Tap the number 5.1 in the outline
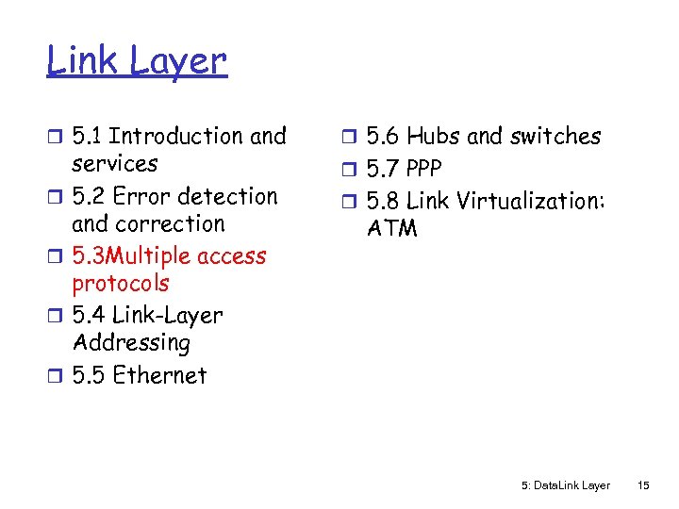coord(89,137)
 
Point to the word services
coord(115,164)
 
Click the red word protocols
coord(121,284)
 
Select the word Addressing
coord(131,343)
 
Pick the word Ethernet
coord(158,375)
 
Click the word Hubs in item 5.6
coord(434,137)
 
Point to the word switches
coord(555,137)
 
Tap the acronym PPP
coord(422,169)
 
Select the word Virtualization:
coord(529,201)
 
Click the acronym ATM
coord(391,228)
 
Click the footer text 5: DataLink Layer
coord(566,485)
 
